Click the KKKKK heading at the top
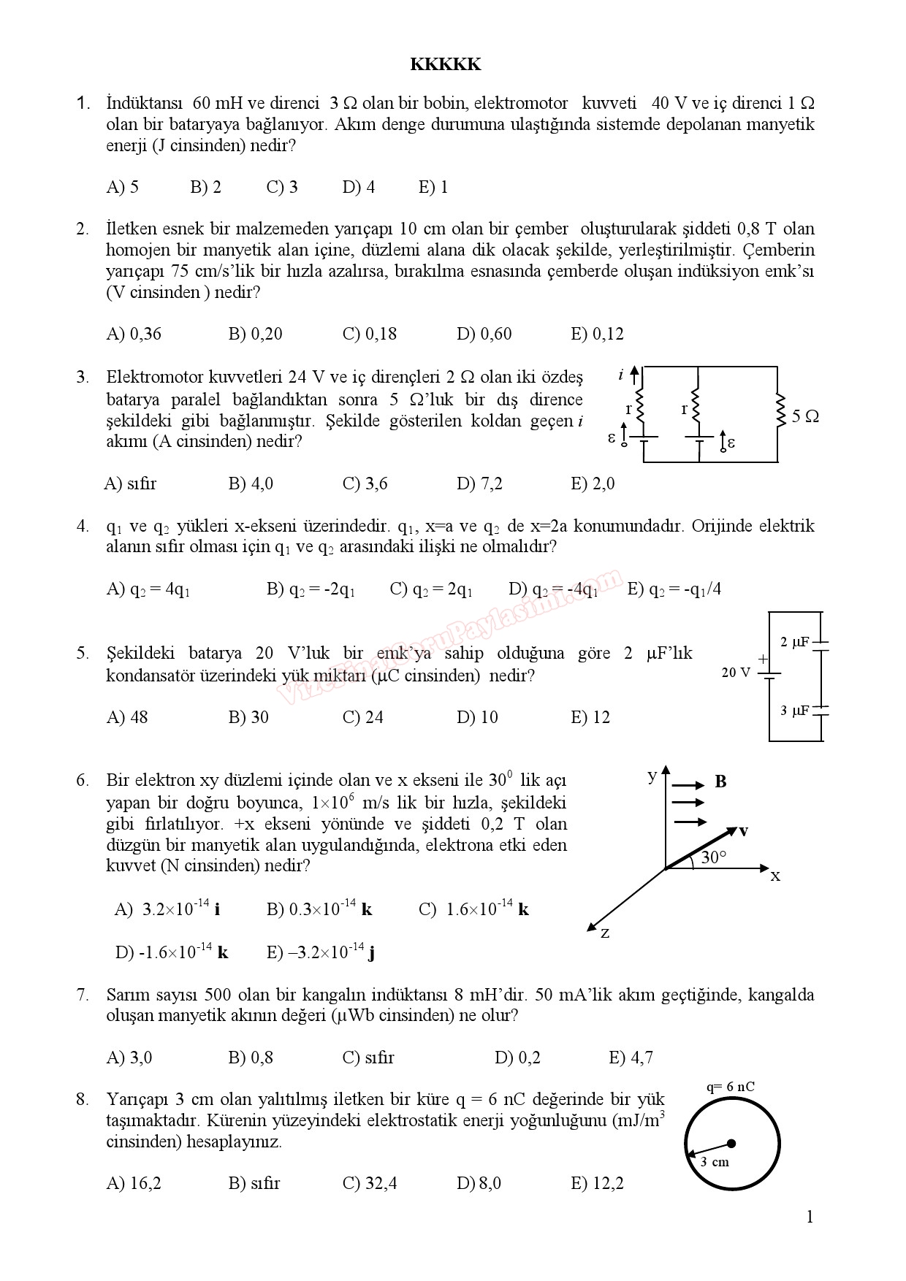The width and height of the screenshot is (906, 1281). (x=445, y=65)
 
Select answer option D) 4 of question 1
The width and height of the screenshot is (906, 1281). (x=358, y=188)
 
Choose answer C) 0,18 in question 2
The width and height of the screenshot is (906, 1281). (x=369, y=334)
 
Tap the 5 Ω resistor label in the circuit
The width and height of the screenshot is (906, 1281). (x=805, y=417)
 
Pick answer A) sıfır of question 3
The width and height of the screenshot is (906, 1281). (x=131, y=483)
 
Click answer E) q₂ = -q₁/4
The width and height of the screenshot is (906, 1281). (x=674, y=589)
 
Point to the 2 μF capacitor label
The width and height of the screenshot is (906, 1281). (x=794, y=642)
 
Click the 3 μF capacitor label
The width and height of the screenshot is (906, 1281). (x=794, y=710)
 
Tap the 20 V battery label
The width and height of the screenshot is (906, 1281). (x=736, y=673)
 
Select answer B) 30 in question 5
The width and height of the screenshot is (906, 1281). (x=248, y=717)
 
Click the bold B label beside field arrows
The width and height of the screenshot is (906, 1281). (x=720, y=782)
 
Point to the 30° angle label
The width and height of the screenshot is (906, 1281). (x=714, y=857)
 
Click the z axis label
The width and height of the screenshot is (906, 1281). (x=604, y=933)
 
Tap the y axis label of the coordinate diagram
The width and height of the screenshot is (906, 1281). (x=652, y=776)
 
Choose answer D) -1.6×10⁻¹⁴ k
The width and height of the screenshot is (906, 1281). (x=172, y=952)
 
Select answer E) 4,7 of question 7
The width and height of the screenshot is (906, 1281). (x=631, y=1058)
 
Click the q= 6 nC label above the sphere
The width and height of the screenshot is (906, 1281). (x=730, y=1087)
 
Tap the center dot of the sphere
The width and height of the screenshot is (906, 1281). (x=731, y=1143)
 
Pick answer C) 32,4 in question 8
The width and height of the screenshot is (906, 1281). (x=370, y=1183)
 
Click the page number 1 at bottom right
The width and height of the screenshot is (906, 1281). (x=809, y=1217)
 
